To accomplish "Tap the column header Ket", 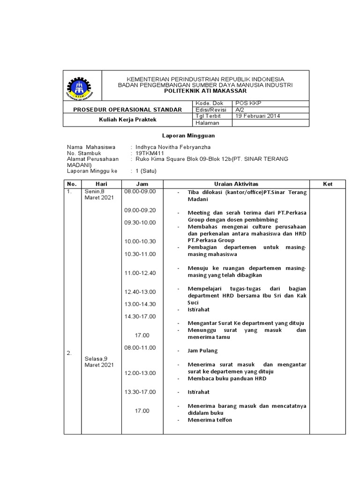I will (327, 184).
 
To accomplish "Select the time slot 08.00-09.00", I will (140, 192).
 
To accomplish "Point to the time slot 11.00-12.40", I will (140, 273).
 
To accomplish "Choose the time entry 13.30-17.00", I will (140, 392).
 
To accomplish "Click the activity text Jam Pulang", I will (202, 351).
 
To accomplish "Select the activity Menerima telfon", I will (210, 420).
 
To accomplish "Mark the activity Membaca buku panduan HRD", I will (226, 378).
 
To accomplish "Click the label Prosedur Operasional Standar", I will (127, 109).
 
